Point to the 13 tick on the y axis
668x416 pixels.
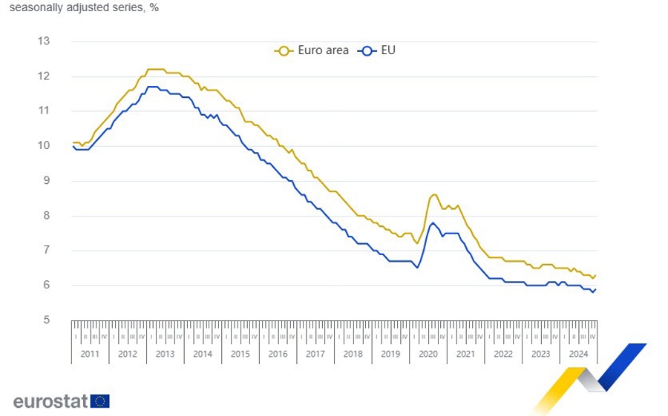pos(44,41)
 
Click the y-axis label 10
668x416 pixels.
pos(44,145)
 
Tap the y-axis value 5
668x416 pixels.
pos(46,320)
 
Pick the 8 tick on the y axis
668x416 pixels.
pos(46,216)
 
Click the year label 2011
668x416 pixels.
pos(90,354)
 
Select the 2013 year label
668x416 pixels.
pos(165,354)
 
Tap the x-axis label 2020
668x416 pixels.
pos(428,354)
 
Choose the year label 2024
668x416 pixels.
pos(579,354)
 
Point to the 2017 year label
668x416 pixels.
pos(315,354)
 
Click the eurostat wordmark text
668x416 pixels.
pos(50,401)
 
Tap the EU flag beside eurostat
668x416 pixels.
pos(101,401)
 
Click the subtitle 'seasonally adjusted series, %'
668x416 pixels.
pos(84,8)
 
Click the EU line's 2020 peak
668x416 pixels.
pos(432,222)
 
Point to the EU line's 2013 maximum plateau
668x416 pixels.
pos(152,87)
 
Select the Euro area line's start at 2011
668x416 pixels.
pos(73,142)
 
